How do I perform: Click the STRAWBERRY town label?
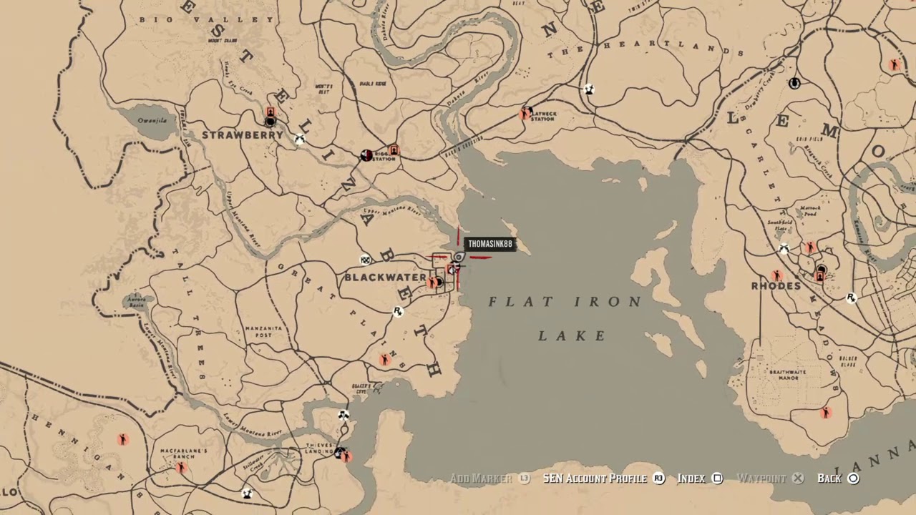(x=242, y=135)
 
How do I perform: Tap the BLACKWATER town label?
(x=385, y=278)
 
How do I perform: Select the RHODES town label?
(x=776, y=286)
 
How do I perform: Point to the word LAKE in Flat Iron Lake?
(x=572, y=335)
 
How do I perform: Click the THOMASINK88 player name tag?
(x=490, y=245)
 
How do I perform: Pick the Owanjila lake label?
(x=152, y=121)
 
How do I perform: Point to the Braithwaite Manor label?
(x=787, y=375)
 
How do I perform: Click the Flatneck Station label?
(x=542, y=116)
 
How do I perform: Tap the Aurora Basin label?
(x=136, y=302)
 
